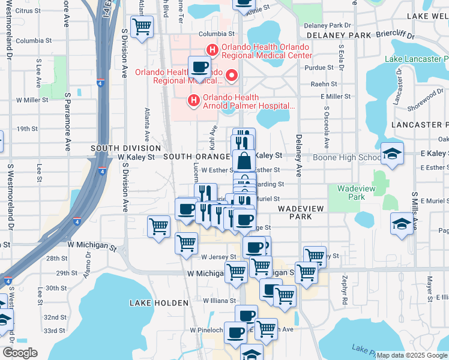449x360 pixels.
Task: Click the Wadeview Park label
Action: coord(352,192)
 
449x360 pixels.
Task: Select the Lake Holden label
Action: coord(151,304)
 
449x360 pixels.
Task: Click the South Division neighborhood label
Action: coord(125,148)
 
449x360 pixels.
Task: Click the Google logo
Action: coord(20,353)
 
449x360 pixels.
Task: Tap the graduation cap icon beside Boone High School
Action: coord(391,154)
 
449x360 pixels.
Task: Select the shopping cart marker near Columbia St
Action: coord(142,26)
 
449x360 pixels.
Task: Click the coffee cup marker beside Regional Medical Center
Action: coord(199,67)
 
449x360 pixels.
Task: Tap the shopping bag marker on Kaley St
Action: coord(244,161)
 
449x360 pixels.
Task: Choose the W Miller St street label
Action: coord(32,100)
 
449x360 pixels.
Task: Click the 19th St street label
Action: coord(28,129)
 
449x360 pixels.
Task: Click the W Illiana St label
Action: coord(221,301)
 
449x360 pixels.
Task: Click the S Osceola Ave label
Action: coord(327,128)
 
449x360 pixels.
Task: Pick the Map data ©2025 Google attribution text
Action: coord(411,355)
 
